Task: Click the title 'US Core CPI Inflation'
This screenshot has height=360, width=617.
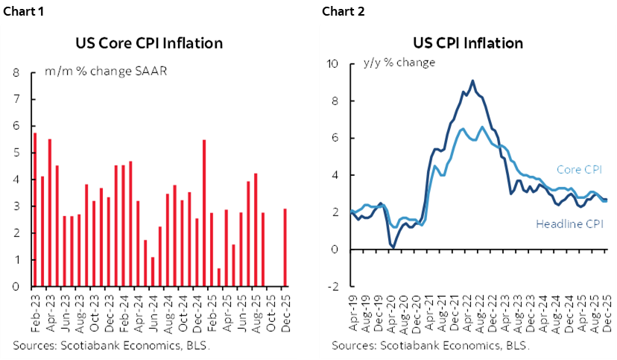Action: click(x=149, y=43)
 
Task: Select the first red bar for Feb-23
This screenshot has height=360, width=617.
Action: click(x=34, y=209)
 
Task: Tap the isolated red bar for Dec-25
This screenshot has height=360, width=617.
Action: click(x=285, y=247)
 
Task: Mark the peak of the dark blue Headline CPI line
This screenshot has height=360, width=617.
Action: click(x=472, y=80)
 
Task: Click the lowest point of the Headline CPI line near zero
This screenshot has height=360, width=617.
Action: click(x=393, y=245)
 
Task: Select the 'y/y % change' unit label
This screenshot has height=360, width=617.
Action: click(x=399, y=63)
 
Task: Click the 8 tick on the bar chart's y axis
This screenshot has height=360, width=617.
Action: click(x=16, y=73)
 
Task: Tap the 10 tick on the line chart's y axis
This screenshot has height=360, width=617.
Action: click(x=334, y=64)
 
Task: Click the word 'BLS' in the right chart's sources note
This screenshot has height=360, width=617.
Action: click(x=519, y=346)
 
